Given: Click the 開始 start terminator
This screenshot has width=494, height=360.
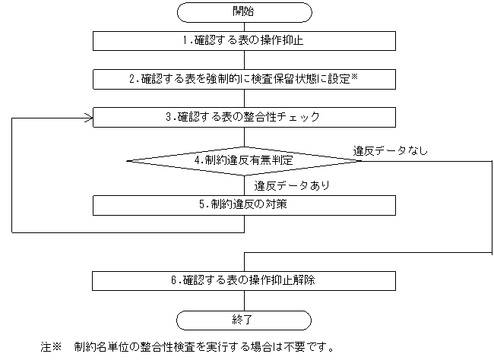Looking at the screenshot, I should [243, 11].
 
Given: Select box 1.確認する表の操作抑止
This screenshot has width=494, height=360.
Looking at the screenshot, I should [243, 40].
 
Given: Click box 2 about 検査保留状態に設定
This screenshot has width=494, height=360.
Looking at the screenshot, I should [243, 78].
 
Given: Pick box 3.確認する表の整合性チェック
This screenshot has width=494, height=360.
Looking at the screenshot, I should [243, 117].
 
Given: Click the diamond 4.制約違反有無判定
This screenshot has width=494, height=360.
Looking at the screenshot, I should [243, 160].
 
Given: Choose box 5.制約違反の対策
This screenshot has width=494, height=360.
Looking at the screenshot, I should [243, 204].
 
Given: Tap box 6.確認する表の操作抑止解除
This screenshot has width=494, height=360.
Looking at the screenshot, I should [243, 279].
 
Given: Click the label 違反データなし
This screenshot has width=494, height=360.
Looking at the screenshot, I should [390, 150].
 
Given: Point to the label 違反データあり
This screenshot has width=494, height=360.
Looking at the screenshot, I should [291, 185].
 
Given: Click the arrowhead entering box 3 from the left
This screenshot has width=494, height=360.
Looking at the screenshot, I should [89, 117].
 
